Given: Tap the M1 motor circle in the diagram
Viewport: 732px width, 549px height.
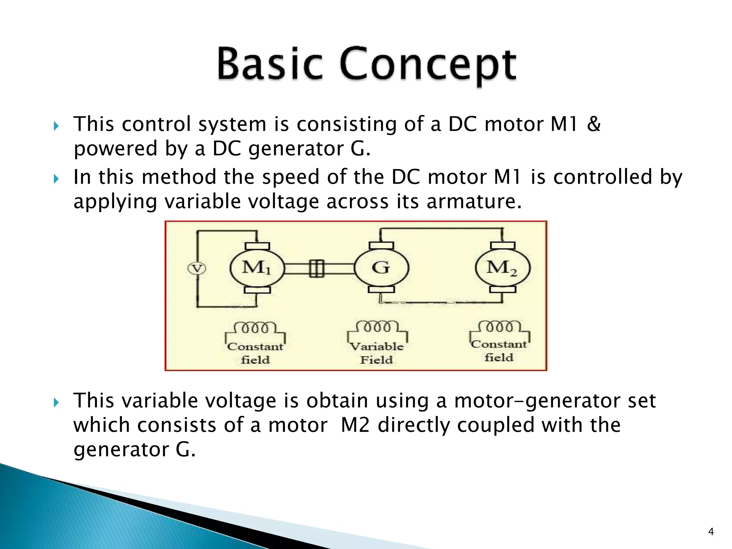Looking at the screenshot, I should (x=257, y=268).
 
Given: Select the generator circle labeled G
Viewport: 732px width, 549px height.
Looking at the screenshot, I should (x=381, y=268).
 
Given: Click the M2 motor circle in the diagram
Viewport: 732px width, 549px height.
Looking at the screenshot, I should (x=503, y=268).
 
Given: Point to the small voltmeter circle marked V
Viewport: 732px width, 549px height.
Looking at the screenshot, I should (x=197, y=268).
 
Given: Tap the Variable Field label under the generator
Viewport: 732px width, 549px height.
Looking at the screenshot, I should (x=377, y=353).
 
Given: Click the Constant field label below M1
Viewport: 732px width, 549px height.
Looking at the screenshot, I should (x=255, y=353).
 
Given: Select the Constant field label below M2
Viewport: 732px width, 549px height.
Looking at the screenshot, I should (x=499, y=351).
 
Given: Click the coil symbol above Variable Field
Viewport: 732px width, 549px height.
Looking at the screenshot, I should (x=377, y=327).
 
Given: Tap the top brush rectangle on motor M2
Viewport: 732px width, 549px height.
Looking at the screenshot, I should (x=503, y=245).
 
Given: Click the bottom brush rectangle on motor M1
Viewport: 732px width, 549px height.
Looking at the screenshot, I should (x=257, y=290).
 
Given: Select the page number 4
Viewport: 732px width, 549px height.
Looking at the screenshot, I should (x=711, y=532).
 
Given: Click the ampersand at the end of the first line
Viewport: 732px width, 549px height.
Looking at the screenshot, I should (x=594, y=124).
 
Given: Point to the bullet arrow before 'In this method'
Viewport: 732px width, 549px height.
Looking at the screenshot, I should (x=56, y=178).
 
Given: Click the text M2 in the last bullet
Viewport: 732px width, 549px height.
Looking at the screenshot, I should (x=355, y=425).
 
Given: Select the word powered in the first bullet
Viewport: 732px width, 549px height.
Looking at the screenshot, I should (x=115, y=149).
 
